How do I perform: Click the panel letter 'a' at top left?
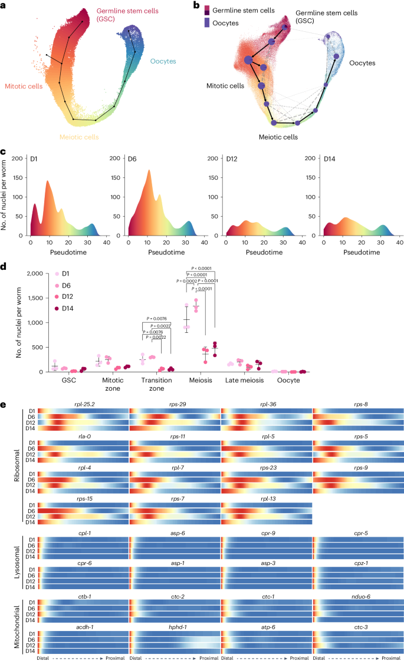pos(4,5)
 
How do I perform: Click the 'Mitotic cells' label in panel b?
pos(225,86)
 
